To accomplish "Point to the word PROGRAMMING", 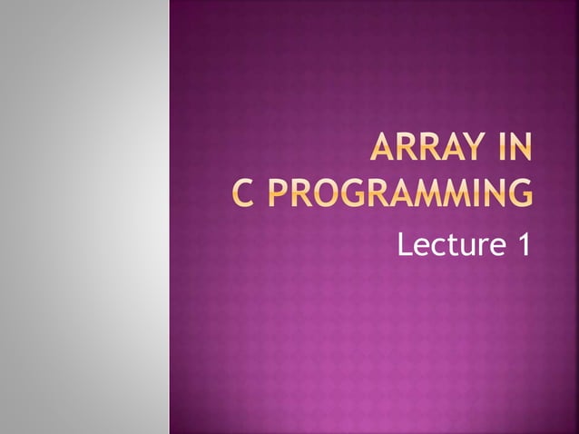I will click(399, 193).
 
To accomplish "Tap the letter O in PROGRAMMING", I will click(332, 193).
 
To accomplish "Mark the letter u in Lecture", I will click(464, 244).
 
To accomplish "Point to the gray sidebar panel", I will click(84, 217).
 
